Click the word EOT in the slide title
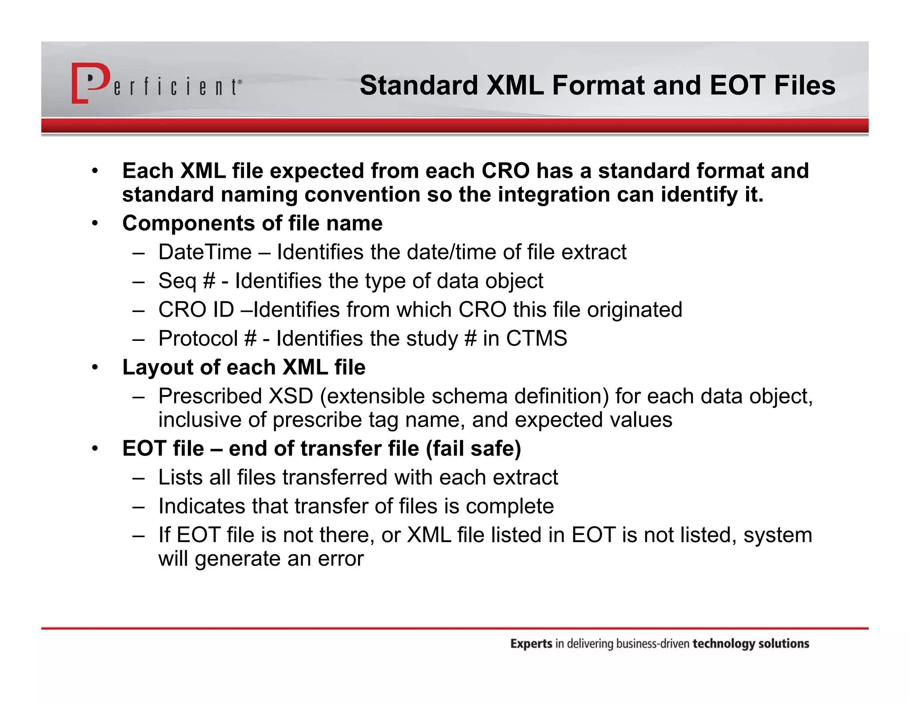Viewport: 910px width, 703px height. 737,85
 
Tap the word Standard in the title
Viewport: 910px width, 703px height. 418,85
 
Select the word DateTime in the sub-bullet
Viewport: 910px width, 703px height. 205,252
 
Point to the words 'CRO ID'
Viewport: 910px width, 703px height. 196,310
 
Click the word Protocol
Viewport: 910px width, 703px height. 198,339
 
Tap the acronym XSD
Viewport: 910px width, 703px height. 291,396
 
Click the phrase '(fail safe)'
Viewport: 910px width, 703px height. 473,448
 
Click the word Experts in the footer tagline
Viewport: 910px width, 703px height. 531,644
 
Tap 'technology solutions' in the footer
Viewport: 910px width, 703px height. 751,644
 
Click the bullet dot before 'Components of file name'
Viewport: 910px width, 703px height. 95,224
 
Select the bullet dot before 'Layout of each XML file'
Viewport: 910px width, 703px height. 95,367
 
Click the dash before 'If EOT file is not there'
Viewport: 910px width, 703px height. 138,535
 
